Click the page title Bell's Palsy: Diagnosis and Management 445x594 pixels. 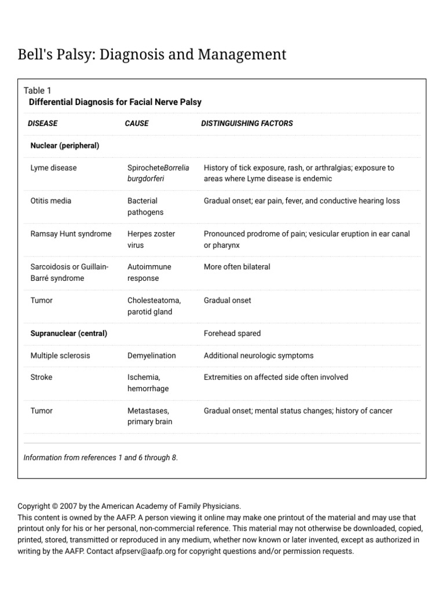point(152,55)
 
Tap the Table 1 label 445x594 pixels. point(38,90)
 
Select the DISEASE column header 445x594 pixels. point(43,123)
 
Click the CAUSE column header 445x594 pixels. point(137,123)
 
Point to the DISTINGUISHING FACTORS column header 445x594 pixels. point(247,123)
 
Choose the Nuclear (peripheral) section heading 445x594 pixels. point(64,146)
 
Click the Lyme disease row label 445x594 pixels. point(53,168)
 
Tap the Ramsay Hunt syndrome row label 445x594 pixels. point(71,234)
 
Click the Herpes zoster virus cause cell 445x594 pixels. point(151,240)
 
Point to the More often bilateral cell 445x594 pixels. point(237,267)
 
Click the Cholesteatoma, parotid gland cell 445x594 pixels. point(154,306)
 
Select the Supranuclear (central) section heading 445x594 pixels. point(68,334)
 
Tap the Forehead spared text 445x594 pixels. point(232,334)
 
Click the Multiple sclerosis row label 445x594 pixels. point(60,356)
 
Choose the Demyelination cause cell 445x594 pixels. point(151,356)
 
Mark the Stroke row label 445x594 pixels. point(41,377)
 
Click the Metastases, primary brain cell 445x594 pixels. point(149,416)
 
